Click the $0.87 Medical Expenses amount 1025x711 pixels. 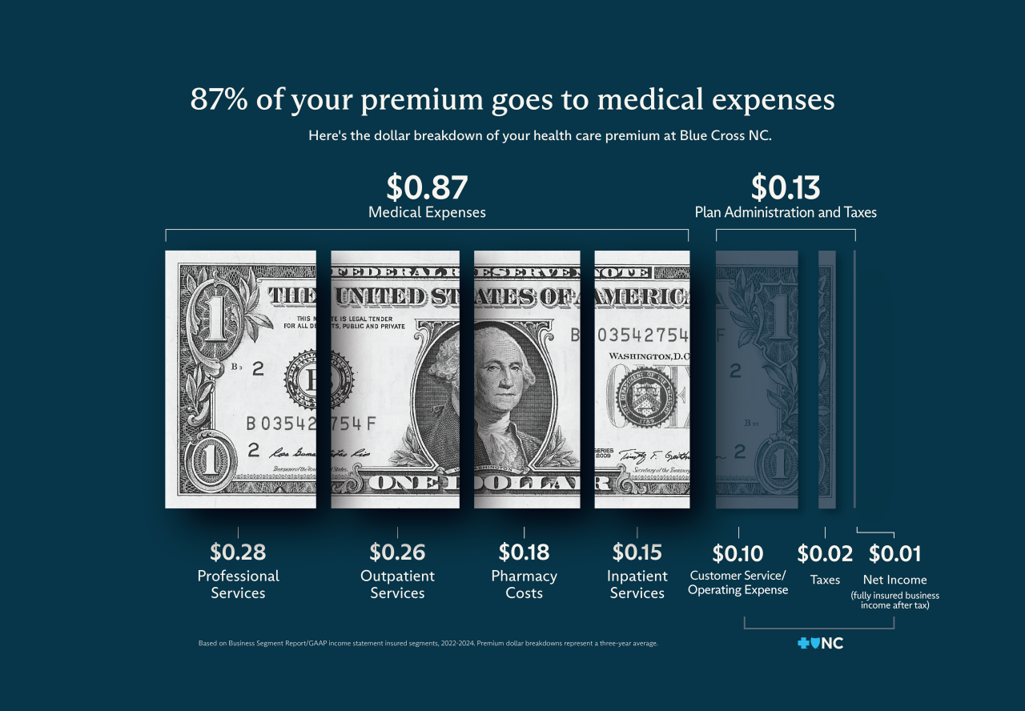click(x=427, y=187)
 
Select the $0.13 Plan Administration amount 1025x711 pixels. click(x=785, y=187)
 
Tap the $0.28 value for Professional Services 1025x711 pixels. click(x=238, y=552)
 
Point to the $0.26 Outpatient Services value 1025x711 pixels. click(x=397, y=552)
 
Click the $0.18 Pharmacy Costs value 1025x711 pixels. click(x=524, y=552)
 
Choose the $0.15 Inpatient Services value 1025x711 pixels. click(x=637, y=552)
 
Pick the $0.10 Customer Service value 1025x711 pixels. click(x=738, y=553)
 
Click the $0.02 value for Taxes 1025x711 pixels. click(x=825, y=553)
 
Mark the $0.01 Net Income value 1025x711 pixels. click(x=894, y=553)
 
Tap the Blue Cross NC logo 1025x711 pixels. click(x=820, y=643)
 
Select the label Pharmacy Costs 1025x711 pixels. click(x=524, y=584)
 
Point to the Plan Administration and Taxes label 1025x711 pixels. click(x=785, y=213)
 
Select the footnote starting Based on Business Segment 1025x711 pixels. click(x=428, y=643)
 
